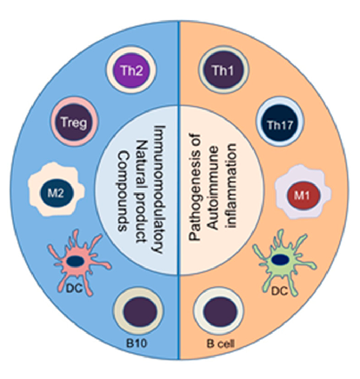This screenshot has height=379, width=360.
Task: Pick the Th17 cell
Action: (280, 122)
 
